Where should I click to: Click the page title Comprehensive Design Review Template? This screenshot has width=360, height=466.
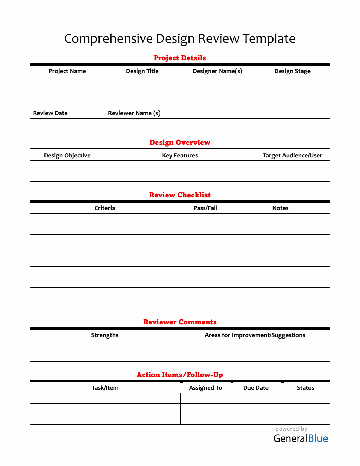click(180, 38)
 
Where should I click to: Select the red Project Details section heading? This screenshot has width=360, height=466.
click(180, 58)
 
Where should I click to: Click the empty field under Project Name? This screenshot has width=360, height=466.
click(67, 87)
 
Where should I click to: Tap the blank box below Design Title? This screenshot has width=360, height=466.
click(142, 87)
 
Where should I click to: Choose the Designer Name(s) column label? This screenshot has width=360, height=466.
click(217, 71)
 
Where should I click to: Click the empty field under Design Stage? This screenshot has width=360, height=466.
click(292, 87)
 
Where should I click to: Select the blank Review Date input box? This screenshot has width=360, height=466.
click(67, 124)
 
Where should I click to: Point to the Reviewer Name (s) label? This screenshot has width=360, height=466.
click(134, 113)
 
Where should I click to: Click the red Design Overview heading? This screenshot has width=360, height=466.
click(180, 142)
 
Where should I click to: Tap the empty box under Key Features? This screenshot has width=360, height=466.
click(180, 171)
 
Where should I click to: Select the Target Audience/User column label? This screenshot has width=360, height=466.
click(292, 155)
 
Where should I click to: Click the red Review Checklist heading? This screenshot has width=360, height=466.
click(180, 195)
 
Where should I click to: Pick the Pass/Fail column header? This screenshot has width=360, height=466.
click(205, 208)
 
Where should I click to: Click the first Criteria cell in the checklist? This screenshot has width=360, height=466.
click(104, 219)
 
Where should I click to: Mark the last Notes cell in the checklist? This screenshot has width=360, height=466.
click(280, 304)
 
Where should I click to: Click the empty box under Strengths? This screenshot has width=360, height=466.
click(104, 351)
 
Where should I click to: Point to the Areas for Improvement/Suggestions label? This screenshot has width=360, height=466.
click(255, 335)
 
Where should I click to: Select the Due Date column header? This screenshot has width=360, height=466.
click(256, 388)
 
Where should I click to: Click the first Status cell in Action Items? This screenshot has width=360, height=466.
click(305, 398)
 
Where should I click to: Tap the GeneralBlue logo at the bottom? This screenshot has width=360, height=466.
click(301, 438)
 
